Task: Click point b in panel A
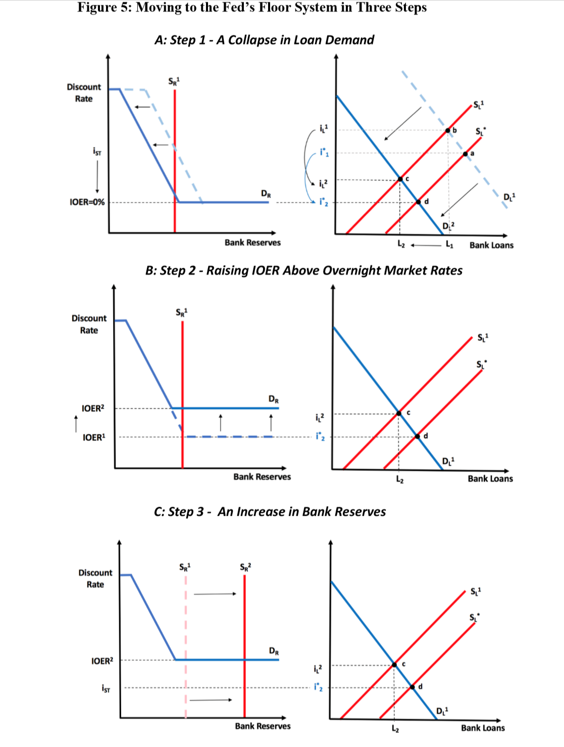pyautogui.click(x=448, y=130)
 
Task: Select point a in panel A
pyautogui.click(x=466, y=154)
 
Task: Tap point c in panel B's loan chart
pyautogui.click(x=399, y=413)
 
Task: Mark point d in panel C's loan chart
pyautogui.click(x=413, y=687)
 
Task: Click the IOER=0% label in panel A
pyautogui.click(x=87, y=202)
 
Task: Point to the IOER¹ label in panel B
pyautogui.click(x=94, y=437)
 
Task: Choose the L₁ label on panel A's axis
pyautogui.click(x=449, y=244)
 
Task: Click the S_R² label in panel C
pyautogui.click(x=245, y=567)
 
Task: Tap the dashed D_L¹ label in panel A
pyautogui.click(x=509, y=196)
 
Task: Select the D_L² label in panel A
pyautogui.click(x=448, y=226)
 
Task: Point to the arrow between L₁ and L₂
pyautogui.click(x=426, y=244)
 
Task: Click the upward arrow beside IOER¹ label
pyautogui.click(x=76, y=424)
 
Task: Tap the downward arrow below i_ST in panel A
pyautogui.click(x=97, y=177)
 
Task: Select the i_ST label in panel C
pyautogui.click(x=106, y=689)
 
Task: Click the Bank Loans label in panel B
pyautogui.click(x=490, y=478)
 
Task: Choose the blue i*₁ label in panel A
pyautogui.click(x=324, y=153)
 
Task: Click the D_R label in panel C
pyautogui.click(x=274, y=651)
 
